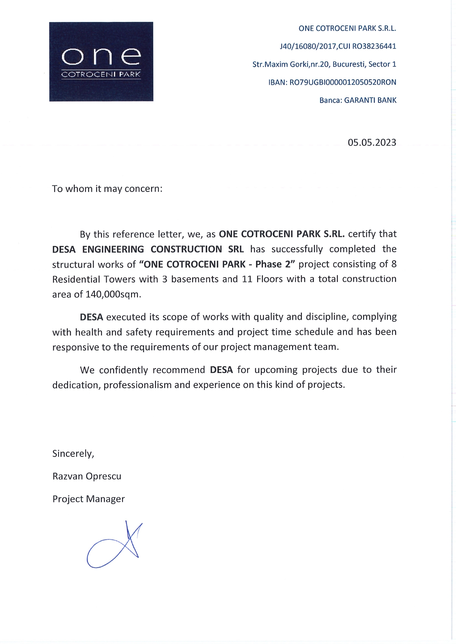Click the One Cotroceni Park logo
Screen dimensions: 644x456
pyautogui.click(x=101, y=62)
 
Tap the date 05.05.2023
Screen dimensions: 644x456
pyautogui.click(x=372, y=142)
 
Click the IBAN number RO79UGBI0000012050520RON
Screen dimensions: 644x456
pyautogui.click(x=343, y=82)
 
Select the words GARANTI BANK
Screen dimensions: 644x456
pyautogui.click(x=370, y=100)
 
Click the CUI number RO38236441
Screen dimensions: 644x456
pyautogui.click(x=374, y=46)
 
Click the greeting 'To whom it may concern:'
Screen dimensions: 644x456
pyautogui.click(x=107, y=189)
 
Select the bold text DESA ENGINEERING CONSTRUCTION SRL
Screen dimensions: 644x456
pyautogui.click(x=148, y=249)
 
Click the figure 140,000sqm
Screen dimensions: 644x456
pyautogui.click(x=113, y=294)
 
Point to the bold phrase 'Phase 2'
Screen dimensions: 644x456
pyautogui.click(x=275, y=264)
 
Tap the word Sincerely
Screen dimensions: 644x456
pyautogui.click(x=73, y=454)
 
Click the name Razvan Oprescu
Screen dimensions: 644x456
pyautogui.click(x=87, y=476)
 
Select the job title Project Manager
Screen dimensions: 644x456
pyautogui.click(x=89, y=499)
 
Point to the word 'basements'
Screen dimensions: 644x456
pyautogui.click(x=195, y=279)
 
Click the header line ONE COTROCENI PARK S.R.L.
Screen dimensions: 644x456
pyautogui.click(x=347, y=28)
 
